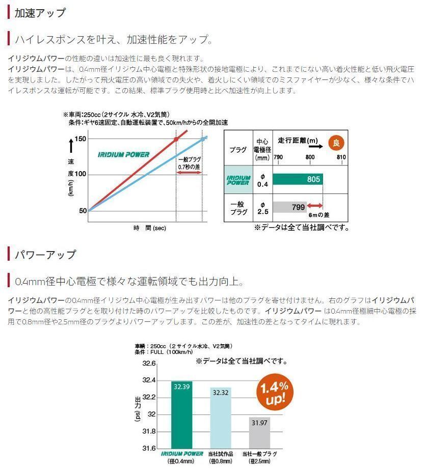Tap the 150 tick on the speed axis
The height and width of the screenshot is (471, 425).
[81, 139]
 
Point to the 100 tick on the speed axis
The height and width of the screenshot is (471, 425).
[81, 175]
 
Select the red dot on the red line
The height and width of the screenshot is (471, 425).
[176, 139]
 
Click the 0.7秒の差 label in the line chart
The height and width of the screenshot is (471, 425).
[189, 167]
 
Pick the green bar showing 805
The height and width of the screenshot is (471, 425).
[298, 179]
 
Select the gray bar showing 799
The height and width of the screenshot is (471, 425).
[289, 207]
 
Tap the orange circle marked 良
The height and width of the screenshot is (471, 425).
[335, 143]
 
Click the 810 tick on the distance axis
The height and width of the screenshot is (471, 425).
[341, 157]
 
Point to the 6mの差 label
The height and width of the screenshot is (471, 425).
[320, 215]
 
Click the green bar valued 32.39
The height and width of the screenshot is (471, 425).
[181, 415]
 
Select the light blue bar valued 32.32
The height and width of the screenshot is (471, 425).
[221, 418]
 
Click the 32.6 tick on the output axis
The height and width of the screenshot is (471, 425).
[148, 364]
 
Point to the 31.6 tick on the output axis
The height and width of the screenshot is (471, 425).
[148, 449]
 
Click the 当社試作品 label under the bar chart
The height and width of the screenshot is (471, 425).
[220, 454]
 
